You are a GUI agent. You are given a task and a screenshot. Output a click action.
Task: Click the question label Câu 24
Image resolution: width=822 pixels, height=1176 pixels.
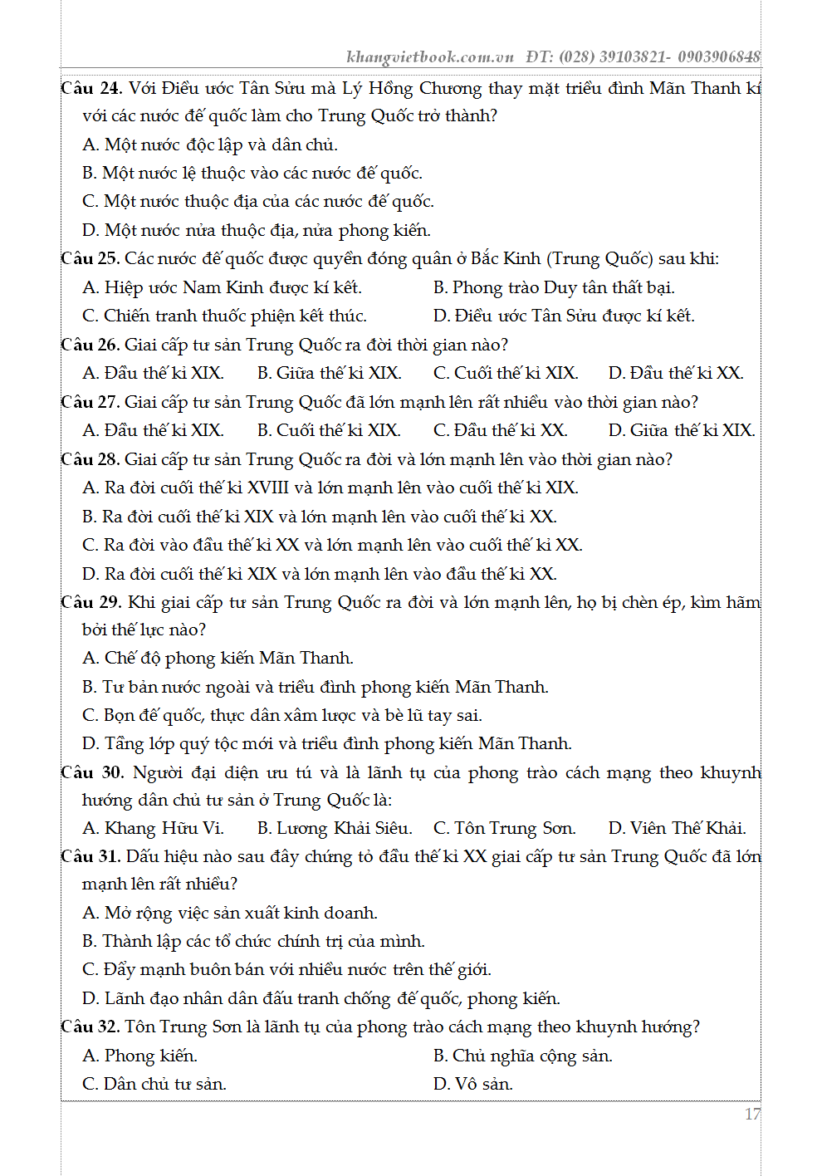[91, 89]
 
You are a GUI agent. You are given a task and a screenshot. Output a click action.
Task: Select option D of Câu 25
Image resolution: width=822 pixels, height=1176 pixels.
[564, 316]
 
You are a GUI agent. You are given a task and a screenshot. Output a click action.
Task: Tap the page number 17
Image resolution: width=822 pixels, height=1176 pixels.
[751, 1115]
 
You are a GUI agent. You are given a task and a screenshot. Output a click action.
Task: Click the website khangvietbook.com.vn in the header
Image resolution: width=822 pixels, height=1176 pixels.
[430, 57]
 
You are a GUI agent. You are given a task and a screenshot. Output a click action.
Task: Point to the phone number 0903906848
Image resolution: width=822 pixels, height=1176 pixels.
[719, 57]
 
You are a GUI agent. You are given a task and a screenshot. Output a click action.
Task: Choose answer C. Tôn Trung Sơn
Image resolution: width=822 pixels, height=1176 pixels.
[504, 828]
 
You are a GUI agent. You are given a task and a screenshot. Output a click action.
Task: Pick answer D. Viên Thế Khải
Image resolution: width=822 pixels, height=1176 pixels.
[677, 828]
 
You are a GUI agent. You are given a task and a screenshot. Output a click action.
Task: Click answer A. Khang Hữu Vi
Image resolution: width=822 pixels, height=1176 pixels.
[153, 828]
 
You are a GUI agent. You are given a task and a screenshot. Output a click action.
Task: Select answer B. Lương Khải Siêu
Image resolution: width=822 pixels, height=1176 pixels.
[334, 828]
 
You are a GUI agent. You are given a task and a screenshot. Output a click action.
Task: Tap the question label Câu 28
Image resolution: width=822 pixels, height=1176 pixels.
[91, 459]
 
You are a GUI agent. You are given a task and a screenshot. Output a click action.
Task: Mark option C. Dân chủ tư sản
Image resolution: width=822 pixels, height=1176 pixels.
[154, 1084]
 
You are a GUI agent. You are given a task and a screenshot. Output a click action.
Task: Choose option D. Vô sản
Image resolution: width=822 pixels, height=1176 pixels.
[473, 1084]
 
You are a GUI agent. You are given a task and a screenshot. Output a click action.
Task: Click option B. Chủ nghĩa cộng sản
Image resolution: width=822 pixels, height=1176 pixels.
[523, 1056]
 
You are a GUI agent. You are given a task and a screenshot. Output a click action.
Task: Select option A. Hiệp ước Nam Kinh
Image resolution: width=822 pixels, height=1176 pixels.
[222, 287]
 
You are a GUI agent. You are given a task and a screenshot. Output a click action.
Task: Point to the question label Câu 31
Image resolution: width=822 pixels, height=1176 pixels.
[91, 856]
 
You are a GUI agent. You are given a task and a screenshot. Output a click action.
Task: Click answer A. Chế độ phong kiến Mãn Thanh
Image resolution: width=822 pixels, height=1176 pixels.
[218, 658]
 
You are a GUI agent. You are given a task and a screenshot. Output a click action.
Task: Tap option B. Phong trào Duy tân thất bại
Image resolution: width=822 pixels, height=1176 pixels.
[554, 287]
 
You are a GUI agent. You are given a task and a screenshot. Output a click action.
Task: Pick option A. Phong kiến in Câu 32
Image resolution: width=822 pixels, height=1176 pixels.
[139, 1056]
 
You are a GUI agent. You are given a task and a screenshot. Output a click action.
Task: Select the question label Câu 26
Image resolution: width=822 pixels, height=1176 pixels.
[91, 345]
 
